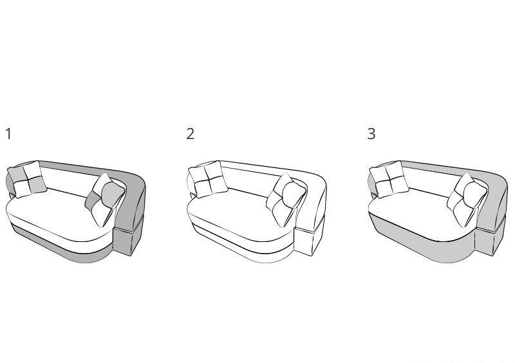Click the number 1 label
(x=8, y=134)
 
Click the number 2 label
(x=190, y=134)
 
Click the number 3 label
(x=371, y=134)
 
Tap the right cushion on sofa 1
(x=106, y=200)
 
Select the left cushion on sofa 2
(x=208, y=180)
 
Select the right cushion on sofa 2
(x=286, y=200)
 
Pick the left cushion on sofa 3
(x=389, y=180)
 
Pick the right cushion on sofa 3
(x=468, y=200)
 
